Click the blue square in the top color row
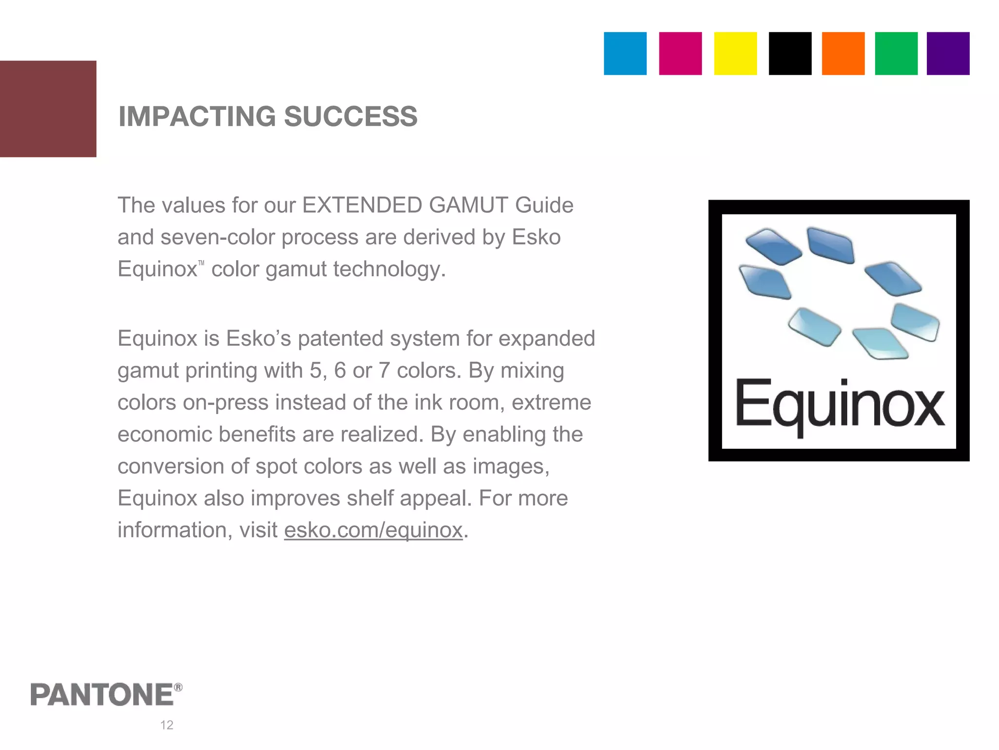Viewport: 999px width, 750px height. click(x=625, y=54)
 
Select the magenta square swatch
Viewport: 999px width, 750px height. click(x=680, y=54)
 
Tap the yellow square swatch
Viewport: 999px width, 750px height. click(x=735, y=54)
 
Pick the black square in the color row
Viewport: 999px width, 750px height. click(x=790, y=54)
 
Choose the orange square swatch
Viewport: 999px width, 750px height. click(x=843, y=54)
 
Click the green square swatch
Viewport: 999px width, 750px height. click(x=896, y=54)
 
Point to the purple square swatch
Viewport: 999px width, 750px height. click(x=948, y=54)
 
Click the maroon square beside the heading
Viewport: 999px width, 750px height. click(x=48, y=108)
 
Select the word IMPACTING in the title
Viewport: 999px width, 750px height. click(x=197, y=117)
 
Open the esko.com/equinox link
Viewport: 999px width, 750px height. click(x=373, y=530)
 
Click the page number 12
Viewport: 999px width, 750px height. click(x=167, y=725)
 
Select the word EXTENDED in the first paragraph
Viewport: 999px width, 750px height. click(x=362, y=206)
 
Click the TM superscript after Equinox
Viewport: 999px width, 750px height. click(x=201, y=264)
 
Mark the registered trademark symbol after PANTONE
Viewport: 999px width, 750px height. click(x=179, y=687)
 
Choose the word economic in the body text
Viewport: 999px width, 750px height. click(x=165, y=435)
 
